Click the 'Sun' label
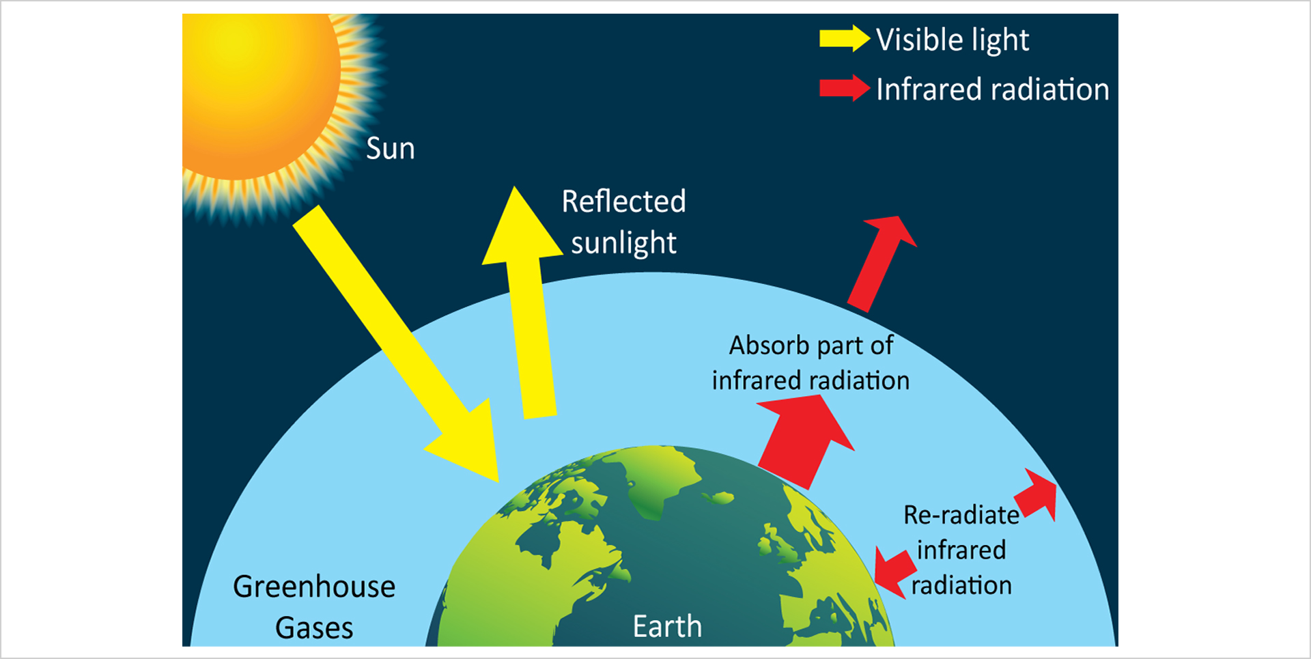(390, 148)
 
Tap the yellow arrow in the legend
(845, 38)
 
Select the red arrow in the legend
(845, 88)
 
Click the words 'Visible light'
(952, 40)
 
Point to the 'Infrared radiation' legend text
(992, 89)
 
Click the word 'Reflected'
(623, 201)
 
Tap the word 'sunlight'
(623, 243)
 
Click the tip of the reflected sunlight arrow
(515, 186)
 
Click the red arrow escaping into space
(881, 264)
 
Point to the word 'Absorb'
(769, 346)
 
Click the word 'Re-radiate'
(961, 515)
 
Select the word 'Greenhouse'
(314, 587)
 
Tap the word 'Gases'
(314, 628)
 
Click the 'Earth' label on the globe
(667, 626)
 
